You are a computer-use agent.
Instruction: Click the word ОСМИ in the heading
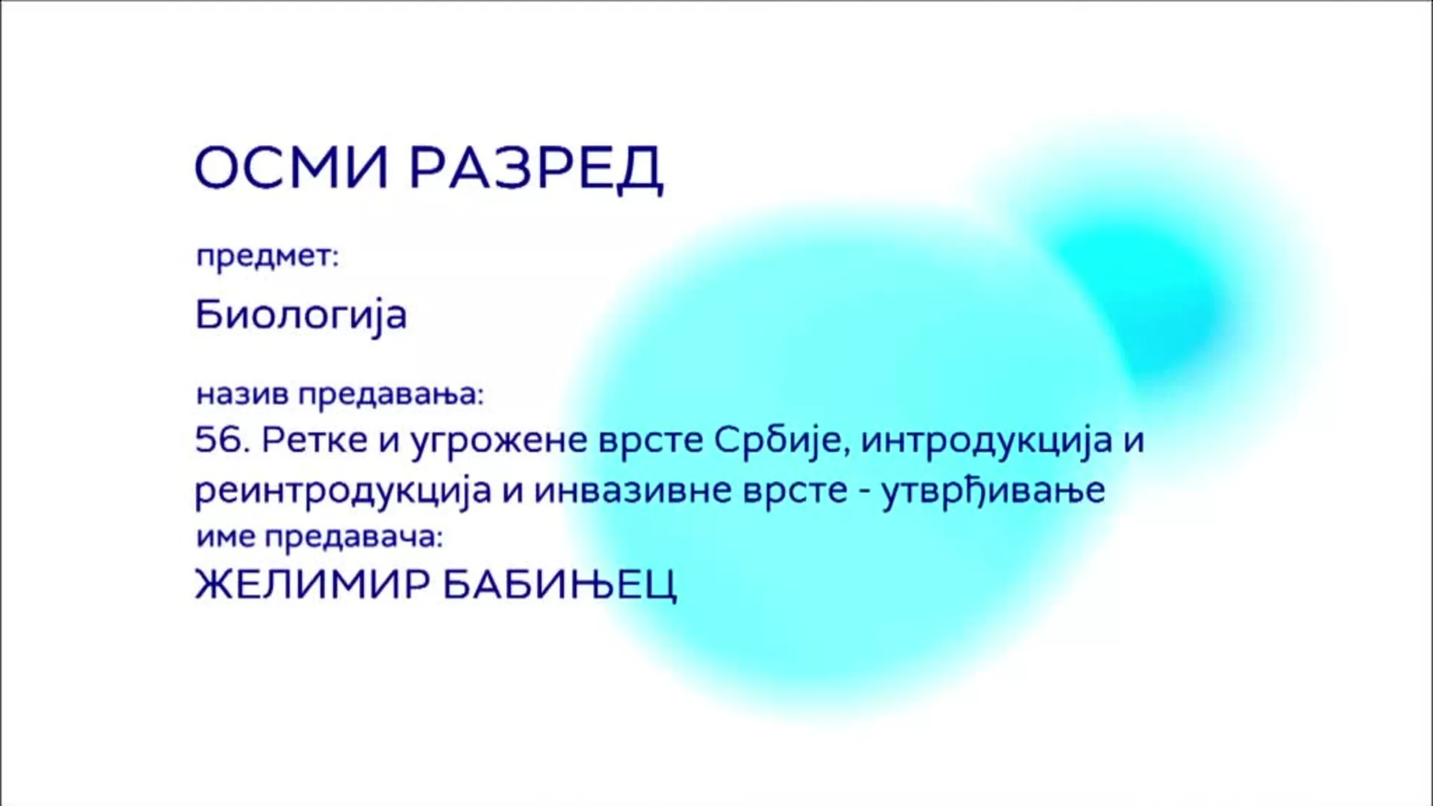coord(292,168)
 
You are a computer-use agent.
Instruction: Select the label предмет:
coord(267,257)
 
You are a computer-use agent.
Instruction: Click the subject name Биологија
coord(301,315)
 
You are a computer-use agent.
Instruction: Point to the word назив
coord(242,394)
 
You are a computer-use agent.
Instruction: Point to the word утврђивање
coord(993,491)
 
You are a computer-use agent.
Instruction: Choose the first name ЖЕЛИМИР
coord(312,584)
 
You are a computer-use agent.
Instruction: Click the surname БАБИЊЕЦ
coord(561,586)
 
